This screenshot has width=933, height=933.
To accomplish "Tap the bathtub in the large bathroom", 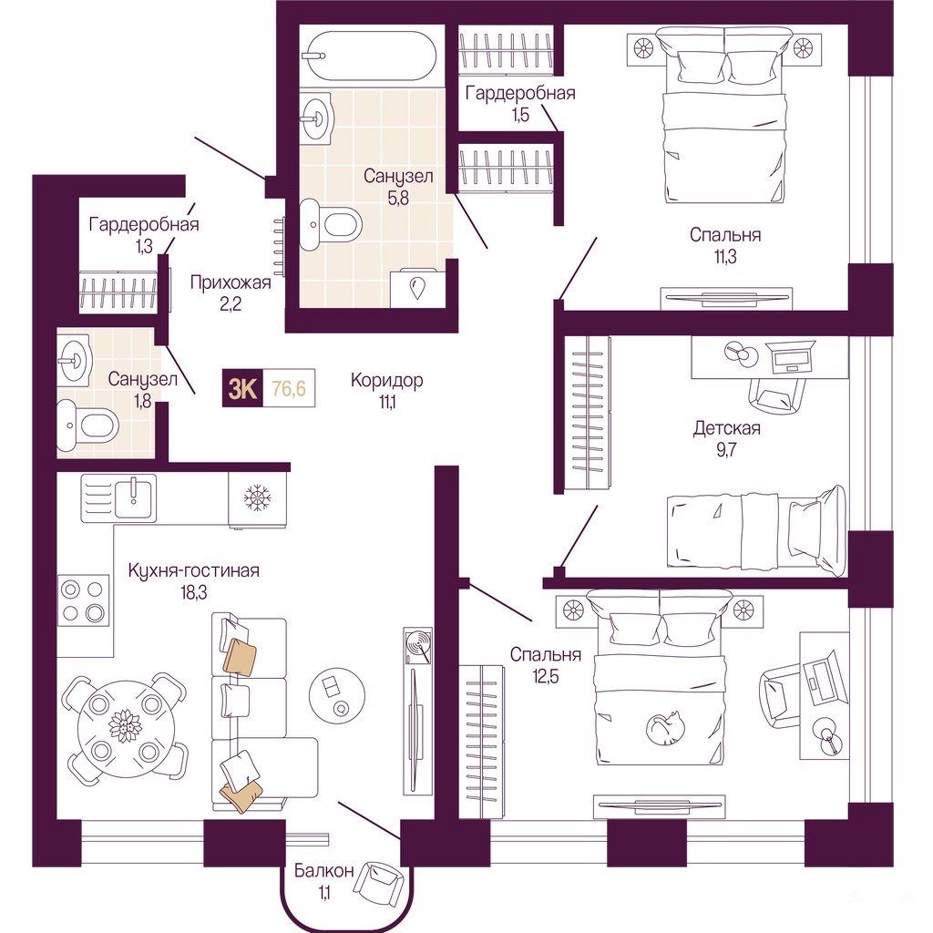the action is [x=369, y=56].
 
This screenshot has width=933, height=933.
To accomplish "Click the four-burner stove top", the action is [x=83, y=601].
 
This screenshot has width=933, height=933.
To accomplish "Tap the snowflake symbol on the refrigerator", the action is [x=258, y=497].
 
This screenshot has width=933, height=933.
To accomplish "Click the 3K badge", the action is [x=242, y=388].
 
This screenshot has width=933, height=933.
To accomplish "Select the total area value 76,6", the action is [x=289, y=388].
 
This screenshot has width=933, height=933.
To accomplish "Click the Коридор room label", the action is [x=386, y=380].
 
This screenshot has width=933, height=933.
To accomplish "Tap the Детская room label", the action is [x=727, y=428].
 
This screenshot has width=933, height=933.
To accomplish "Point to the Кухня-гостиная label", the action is [x=194, y=570].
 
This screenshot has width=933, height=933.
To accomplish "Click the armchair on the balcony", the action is [x=378, y=884].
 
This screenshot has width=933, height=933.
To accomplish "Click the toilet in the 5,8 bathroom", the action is [x=330, y=224].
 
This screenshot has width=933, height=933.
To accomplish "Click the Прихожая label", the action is [x=231, y=282].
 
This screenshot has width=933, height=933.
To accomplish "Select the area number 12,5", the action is [x=546, y=677].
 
